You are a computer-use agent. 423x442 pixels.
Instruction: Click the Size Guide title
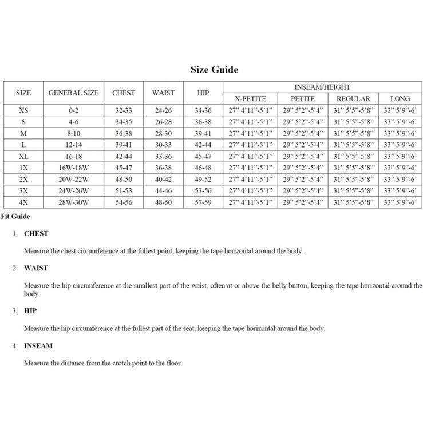(x=214, y=70)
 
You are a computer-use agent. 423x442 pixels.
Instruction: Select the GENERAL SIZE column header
(x=73, y=93)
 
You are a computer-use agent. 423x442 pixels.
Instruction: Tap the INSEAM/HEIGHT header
(x=322, y=87)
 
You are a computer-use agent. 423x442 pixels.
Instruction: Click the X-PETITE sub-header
(x=251, y=99)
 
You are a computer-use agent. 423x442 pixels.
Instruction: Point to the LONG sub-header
(x=400, y=99)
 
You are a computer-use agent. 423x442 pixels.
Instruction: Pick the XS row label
(x=23, y=110)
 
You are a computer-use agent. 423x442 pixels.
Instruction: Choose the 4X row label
(x=23, y=202)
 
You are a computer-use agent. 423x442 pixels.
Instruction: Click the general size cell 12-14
(x=73, y=145)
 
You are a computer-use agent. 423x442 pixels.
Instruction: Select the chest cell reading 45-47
(x=124, y=168)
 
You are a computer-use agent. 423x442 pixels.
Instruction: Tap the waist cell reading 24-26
(x=163, y=110)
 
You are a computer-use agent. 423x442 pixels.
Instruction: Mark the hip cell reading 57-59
(x=203, y=202)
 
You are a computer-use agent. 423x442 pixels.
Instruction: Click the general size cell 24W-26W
(x=73, y=190)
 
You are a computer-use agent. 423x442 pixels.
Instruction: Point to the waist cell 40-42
(x=163, y=179)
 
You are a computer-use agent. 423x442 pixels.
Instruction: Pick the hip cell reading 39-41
(x=203, y=133)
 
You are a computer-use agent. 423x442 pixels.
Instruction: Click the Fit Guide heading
(x=15, y=217)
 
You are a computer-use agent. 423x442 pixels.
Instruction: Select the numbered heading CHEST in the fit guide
(x=36, y=233)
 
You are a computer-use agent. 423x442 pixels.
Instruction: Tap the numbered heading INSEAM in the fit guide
(x=38, y=346)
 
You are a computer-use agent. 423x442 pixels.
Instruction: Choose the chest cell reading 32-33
(x=124, y=110)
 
